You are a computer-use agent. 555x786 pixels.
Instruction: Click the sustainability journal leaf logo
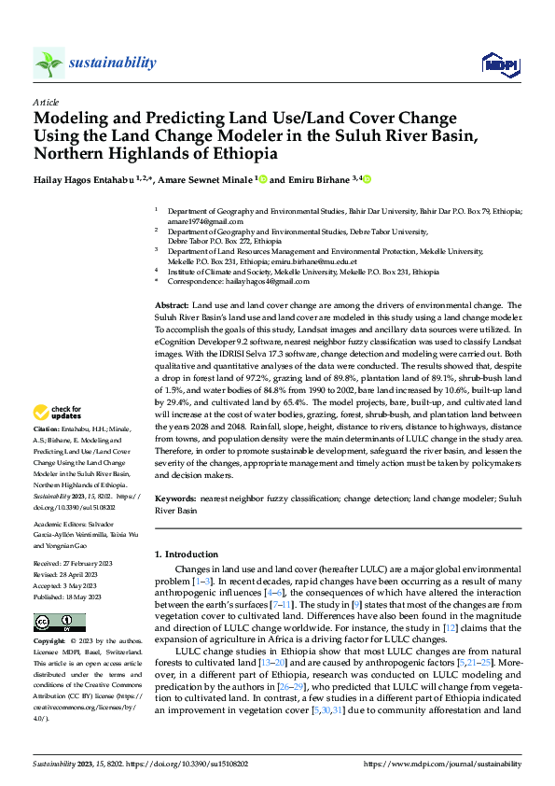tap(49, 63)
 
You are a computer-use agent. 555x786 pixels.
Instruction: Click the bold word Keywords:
tap(174, 501)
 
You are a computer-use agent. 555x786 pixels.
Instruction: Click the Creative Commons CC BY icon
tap(53, 621)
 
